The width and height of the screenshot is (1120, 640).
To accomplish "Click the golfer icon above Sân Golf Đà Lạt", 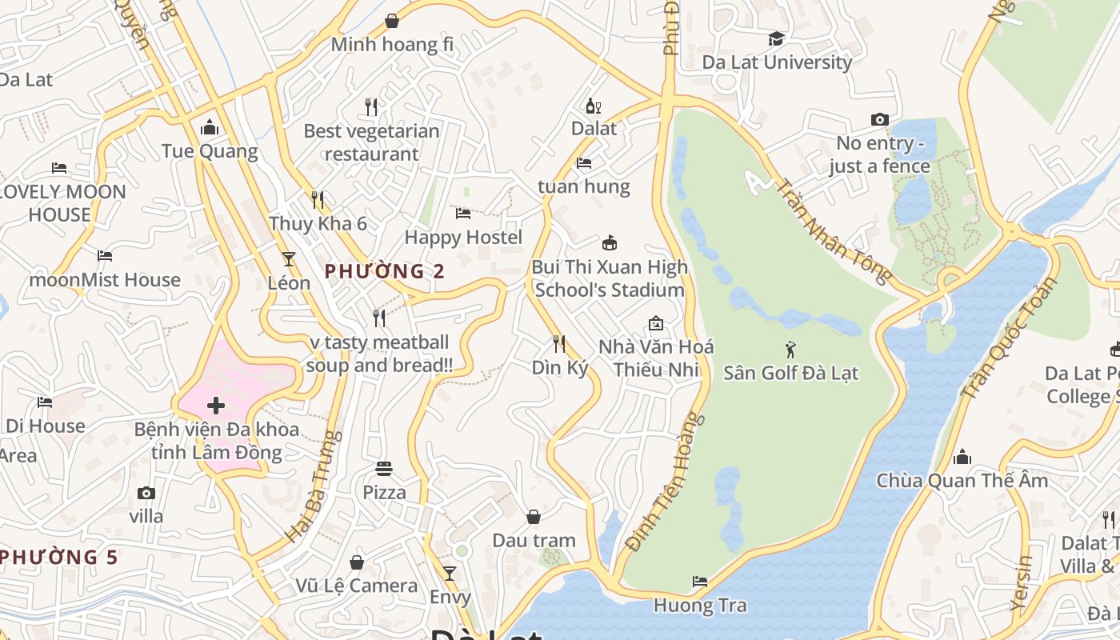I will point(790,349).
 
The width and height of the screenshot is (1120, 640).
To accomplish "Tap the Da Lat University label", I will point(777,62).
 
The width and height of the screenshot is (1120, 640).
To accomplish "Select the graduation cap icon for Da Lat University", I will point(776,38).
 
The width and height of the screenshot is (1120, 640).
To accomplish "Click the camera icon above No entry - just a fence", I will point(879,119).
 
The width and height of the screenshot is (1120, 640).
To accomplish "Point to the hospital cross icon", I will point(215,406).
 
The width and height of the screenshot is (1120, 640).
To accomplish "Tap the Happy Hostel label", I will point(463,237).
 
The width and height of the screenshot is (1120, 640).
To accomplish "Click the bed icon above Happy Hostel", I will point(463,213).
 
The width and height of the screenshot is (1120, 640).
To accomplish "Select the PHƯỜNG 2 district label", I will point(385,271).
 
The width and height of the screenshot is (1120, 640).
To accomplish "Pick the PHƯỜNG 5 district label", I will point(59,557).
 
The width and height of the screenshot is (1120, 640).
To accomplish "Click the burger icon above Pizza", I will point(384,468).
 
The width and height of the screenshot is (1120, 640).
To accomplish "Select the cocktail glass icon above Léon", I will point(289,259).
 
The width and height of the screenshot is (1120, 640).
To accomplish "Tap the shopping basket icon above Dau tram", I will point(533,517).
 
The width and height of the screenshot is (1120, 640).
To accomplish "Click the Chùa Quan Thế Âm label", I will point(962,481).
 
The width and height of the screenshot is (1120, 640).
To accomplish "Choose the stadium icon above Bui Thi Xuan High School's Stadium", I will point(609,242).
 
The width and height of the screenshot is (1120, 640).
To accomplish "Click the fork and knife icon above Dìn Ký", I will point(559,344).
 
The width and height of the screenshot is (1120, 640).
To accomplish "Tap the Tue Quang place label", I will point(210,151).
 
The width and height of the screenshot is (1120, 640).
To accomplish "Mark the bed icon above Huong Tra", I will point(700,581).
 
